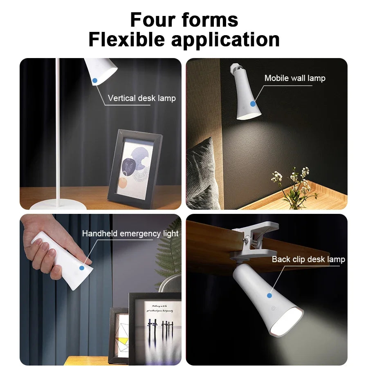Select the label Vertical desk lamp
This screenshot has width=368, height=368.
tap(141, 98)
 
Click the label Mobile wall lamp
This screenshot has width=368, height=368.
tap(295, 78)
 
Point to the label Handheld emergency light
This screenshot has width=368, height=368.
tap(130, 234)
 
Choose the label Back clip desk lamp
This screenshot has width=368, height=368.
tap(308, 259)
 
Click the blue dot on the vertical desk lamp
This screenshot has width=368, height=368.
tap(95, 81)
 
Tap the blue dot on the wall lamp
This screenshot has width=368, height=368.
tap(253, 104)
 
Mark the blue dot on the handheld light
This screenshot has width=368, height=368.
tap(81, 268)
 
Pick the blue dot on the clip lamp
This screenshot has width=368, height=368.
tap(269, 295)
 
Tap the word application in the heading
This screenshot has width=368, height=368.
tap(225, 40)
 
